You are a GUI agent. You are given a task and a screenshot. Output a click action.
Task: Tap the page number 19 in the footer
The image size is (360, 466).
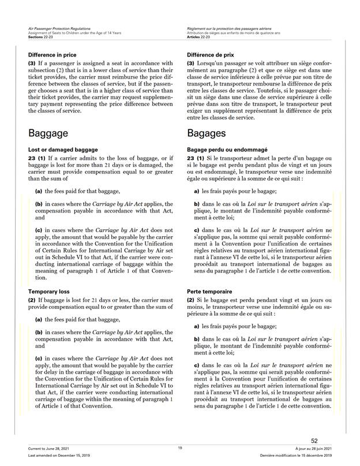point(180,448)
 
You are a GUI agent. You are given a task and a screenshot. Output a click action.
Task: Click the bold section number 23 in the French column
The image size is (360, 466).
point(191,158)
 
